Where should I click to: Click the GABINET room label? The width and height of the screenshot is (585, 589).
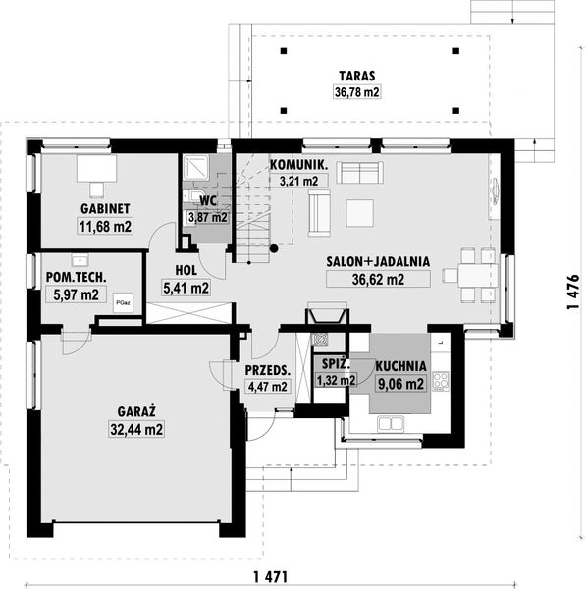click(x=105, y=209)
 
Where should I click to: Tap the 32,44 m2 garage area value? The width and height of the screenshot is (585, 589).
click(x=136, y=429)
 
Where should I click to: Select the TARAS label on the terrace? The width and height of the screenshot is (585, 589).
click(x=356, y=76)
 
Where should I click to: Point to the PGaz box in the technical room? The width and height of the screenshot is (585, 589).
click(x=123, y=302)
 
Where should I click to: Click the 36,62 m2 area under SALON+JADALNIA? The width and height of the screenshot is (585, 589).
click(x=378, y=280)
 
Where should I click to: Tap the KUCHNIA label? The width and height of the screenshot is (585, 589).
click(x=400, y=366)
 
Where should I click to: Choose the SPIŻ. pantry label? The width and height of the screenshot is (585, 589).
click(x=336, y=364)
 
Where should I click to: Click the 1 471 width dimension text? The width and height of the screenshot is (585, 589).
click(x=271, y=576)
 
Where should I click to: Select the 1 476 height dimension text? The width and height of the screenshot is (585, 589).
click(x=573, y=293)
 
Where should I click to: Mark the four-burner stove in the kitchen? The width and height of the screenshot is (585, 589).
click(x=441, y=381)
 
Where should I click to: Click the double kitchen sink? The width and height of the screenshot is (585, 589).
click(x=391, y=424)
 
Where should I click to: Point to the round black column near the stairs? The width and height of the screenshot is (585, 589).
click(x=274, y=248)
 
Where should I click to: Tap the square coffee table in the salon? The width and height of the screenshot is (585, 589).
click(x=359, y=213)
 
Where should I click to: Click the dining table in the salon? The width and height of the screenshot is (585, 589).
click(x=477, y=276)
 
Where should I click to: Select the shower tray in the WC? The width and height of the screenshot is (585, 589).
click(x=195, y=167)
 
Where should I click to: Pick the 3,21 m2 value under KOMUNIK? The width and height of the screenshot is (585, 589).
click(x=299, y=181)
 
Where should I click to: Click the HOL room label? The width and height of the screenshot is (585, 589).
click(x=186, y=271)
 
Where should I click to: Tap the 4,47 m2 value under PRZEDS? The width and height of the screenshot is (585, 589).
click(x=267, y=386)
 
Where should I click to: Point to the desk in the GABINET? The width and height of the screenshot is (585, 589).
click(x=96, y=168)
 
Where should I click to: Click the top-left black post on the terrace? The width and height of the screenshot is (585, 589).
click(x=284, y=51)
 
